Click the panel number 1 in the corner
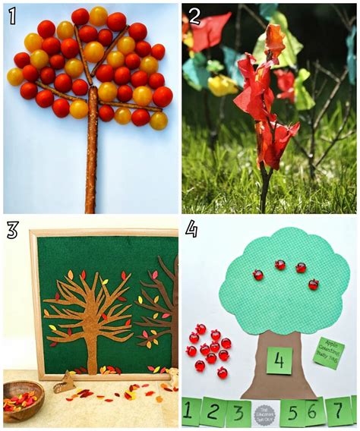(12, 16)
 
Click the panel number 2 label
(194, 16)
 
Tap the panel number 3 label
(13, 230)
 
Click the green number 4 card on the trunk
(279, 360)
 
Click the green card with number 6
(314, 413)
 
